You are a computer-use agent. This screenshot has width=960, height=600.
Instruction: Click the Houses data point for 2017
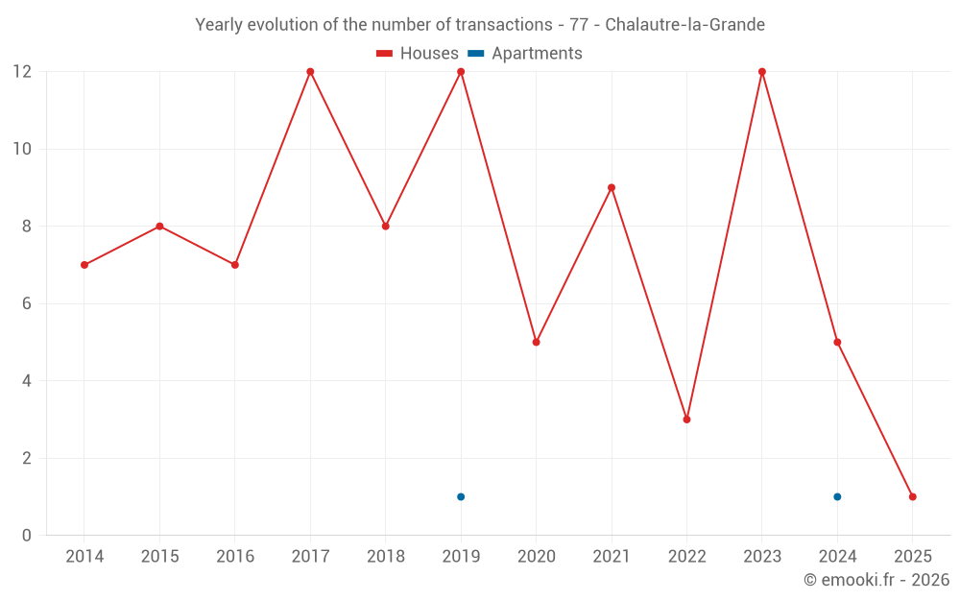click(x=310, y=72)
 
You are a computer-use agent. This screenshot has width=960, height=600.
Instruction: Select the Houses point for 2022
click(x=686, y=420)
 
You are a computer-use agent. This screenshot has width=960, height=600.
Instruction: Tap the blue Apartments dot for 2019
click(x=461, y=496)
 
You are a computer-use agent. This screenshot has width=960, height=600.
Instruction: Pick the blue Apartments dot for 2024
click(x=837, y=496)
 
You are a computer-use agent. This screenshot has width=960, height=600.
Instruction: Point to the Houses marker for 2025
click(x=912, y=496)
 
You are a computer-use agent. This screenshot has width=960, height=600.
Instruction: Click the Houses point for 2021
click(x=612, y=187)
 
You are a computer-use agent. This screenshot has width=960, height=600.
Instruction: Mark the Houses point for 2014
click(x=84, y=265)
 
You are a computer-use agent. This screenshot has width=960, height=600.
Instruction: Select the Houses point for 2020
click(x=536, y=342)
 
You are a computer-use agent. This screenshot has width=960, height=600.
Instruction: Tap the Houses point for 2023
click(x=762, y=72)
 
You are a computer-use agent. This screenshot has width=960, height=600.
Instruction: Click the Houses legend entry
click(x=418, y=54)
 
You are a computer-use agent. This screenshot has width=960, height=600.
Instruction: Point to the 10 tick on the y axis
click(x=22, y=149)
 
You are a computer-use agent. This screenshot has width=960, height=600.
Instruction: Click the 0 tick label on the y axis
click(x=27, y=535)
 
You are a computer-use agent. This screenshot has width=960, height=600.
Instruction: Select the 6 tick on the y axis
click(x=27, y=303)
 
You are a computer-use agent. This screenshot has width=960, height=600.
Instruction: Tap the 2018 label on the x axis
click(x=385, y=557)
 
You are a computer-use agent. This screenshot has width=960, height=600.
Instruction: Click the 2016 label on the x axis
click(x=235, y=557)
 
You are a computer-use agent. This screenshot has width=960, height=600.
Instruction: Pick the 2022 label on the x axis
click(x=686, y=557)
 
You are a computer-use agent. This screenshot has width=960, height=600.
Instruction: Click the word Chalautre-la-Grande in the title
click(x=685, y=25)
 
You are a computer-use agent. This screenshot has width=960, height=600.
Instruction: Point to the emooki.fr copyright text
click(x=876, y=580)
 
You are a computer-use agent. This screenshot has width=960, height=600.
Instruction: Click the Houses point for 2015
click(x=159, y=227)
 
